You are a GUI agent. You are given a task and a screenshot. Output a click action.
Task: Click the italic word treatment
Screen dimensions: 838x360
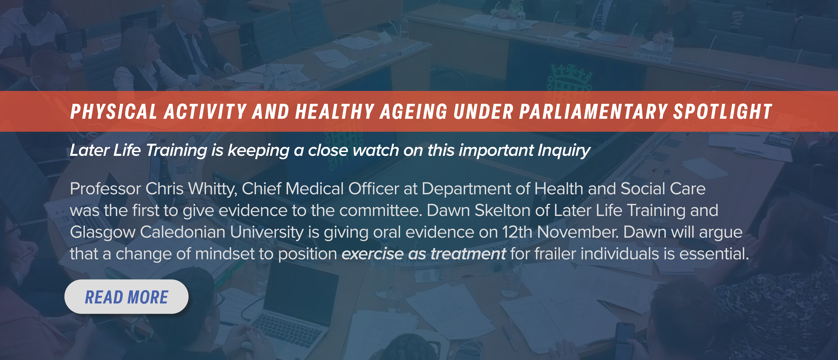(468, 254)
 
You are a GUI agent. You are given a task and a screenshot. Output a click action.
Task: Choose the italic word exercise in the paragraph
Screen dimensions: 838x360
(372, 254)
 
